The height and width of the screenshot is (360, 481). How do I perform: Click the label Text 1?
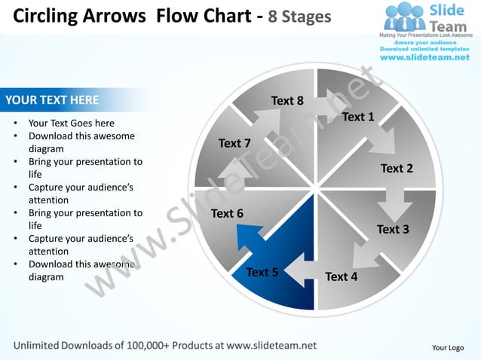358,117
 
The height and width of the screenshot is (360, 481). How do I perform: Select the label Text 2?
397,168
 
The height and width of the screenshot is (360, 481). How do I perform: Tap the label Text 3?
393,229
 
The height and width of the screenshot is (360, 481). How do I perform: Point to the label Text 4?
341,276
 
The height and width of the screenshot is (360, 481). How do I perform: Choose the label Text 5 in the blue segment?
262,272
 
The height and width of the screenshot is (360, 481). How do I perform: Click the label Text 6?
227,213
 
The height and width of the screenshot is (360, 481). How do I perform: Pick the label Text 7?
234,143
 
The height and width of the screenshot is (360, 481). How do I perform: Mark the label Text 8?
287,101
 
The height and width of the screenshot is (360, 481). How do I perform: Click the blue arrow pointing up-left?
249,239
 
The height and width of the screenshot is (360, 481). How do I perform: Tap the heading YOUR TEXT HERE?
52,99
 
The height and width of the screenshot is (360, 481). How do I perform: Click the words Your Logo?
447,347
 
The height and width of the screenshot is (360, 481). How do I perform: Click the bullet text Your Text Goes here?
72,123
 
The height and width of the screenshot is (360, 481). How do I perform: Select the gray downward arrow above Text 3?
394,201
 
